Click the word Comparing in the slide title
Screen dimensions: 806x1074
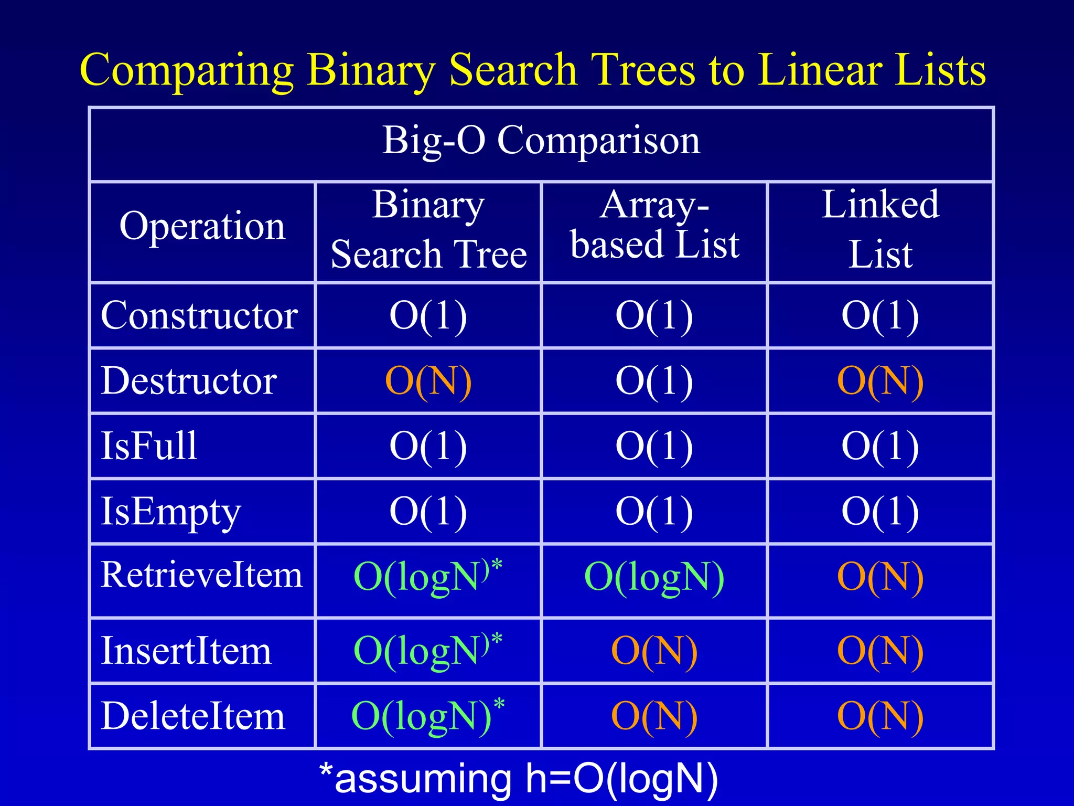(186, 71)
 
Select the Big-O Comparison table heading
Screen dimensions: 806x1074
(541, 141)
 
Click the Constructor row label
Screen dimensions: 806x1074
(199, 316)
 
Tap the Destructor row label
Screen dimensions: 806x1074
(189, 381)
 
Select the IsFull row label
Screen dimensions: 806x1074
(149, 446)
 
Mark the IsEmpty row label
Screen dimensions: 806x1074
(170, 512)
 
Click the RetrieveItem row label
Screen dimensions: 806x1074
(202, 575)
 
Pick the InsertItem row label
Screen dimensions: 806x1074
(186, 651)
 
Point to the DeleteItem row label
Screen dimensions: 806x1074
(193, 716)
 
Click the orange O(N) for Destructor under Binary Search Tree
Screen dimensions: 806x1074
(428, 381)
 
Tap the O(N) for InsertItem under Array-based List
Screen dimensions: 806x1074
(654, 651)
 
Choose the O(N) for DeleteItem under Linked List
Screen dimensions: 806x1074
(880, 716)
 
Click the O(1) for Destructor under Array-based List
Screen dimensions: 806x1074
(654, 381)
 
